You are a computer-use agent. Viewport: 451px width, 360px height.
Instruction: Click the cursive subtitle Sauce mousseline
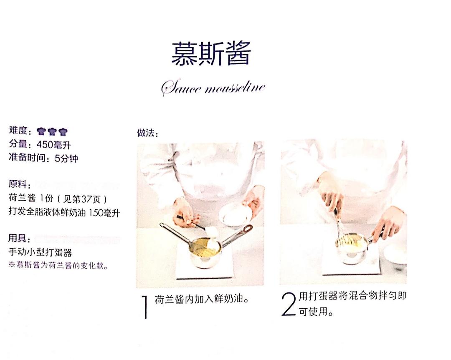(213, 88)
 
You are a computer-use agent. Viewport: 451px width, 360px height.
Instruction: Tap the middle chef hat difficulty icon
(52, 132)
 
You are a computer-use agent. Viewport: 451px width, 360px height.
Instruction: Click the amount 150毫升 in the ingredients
(104, 212)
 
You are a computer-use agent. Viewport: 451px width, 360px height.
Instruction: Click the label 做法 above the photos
(147, 133)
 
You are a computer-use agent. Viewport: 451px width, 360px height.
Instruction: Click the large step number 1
(145, 307)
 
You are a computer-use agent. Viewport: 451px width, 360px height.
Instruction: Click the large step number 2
(289, 304)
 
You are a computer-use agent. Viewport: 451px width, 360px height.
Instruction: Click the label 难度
(17, 131)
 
